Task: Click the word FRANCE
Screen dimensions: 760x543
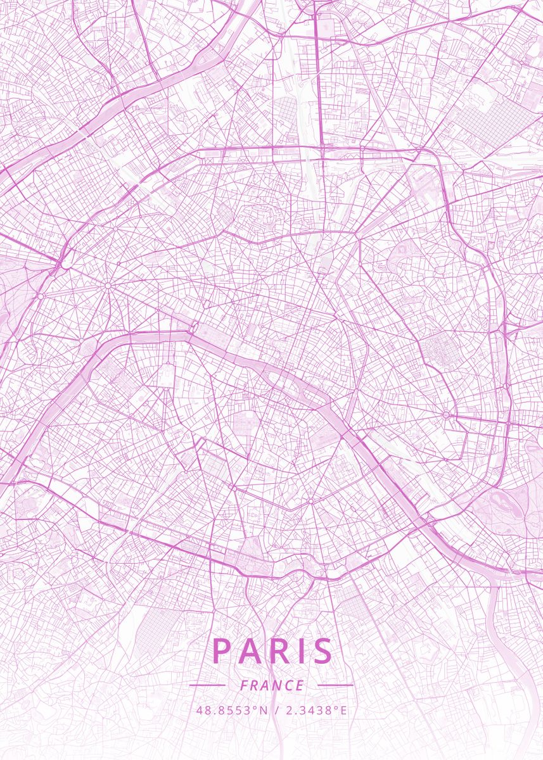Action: coord(272,685)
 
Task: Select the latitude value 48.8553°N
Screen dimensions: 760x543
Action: coord(233,710)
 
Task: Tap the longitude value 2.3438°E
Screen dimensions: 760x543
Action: coord(316,710)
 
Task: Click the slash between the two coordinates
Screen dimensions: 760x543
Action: coord(277,710)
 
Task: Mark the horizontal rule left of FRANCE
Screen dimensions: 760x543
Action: coord(207,685)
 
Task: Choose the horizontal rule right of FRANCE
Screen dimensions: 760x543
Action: coord(335,685)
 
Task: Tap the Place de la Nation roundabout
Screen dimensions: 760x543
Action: coord(447,415)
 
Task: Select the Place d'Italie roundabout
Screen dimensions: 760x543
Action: coord(311,501)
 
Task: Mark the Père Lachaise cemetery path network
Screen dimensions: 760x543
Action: coord(437,345)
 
